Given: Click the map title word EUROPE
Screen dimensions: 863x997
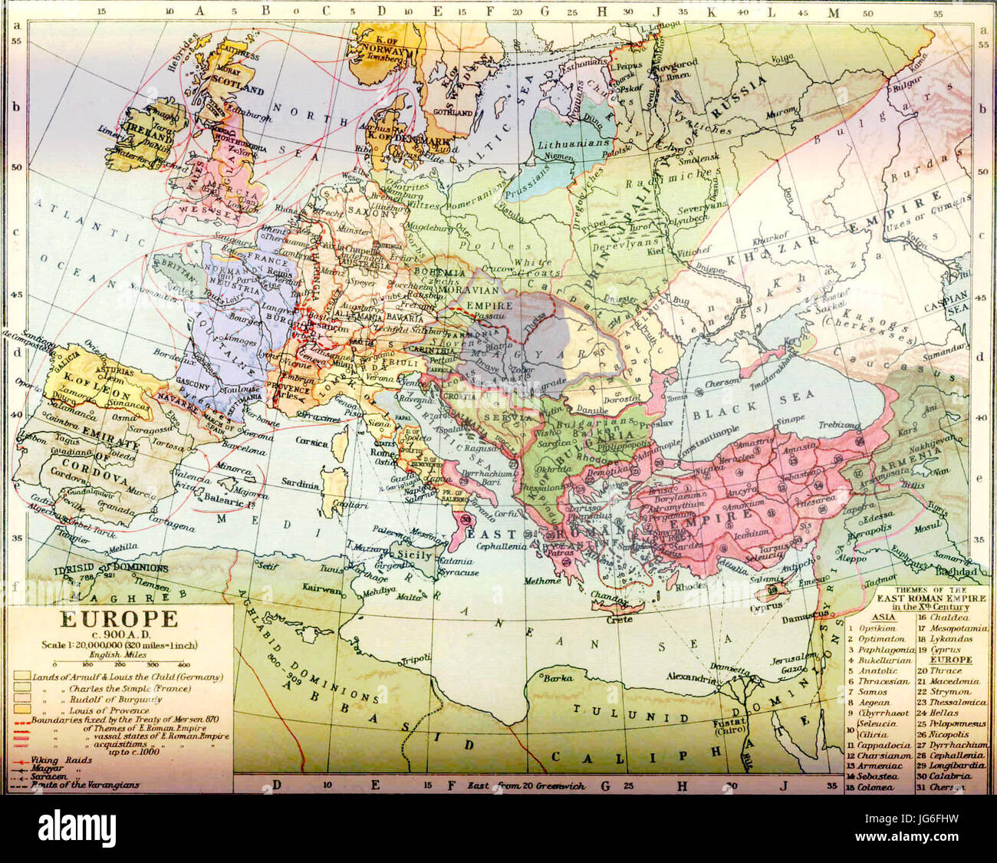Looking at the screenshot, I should [119, 618].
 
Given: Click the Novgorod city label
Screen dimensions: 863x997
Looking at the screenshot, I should [676, 63].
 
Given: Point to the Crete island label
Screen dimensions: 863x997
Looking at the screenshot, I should [620, 618].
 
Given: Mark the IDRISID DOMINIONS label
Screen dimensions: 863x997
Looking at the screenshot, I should [111, 568].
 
